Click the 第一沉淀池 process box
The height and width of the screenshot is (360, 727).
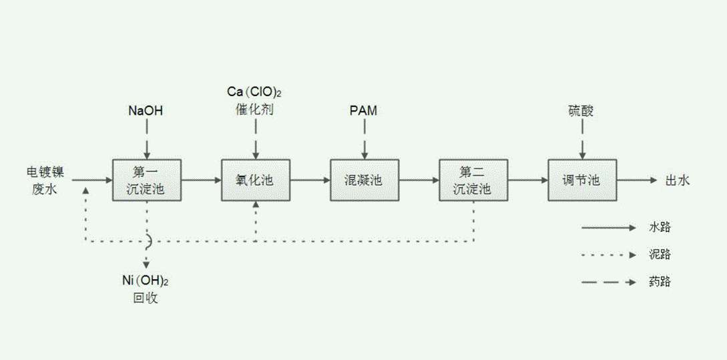pos(146,180)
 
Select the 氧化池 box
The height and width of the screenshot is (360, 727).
pos(255,180)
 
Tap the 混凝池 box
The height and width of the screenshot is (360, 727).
pos(365,180)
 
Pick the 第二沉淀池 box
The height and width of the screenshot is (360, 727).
pos(473,180)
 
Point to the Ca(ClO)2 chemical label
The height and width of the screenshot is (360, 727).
pos(255,92)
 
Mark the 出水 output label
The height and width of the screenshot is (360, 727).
pos(677,180)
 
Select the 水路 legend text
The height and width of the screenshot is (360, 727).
pos(660,228)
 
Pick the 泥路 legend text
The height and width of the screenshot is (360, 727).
pos(660,254)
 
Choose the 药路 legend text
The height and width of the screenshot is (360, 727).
pos(660,282)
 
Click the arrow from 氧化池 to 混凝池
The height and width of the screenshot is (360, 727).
pos(310,180)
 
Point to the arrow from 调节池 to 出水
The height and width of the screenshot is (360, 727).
pos(637,180)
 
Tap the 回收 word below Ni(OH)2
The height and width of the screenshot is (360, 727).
pos(146,299)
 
